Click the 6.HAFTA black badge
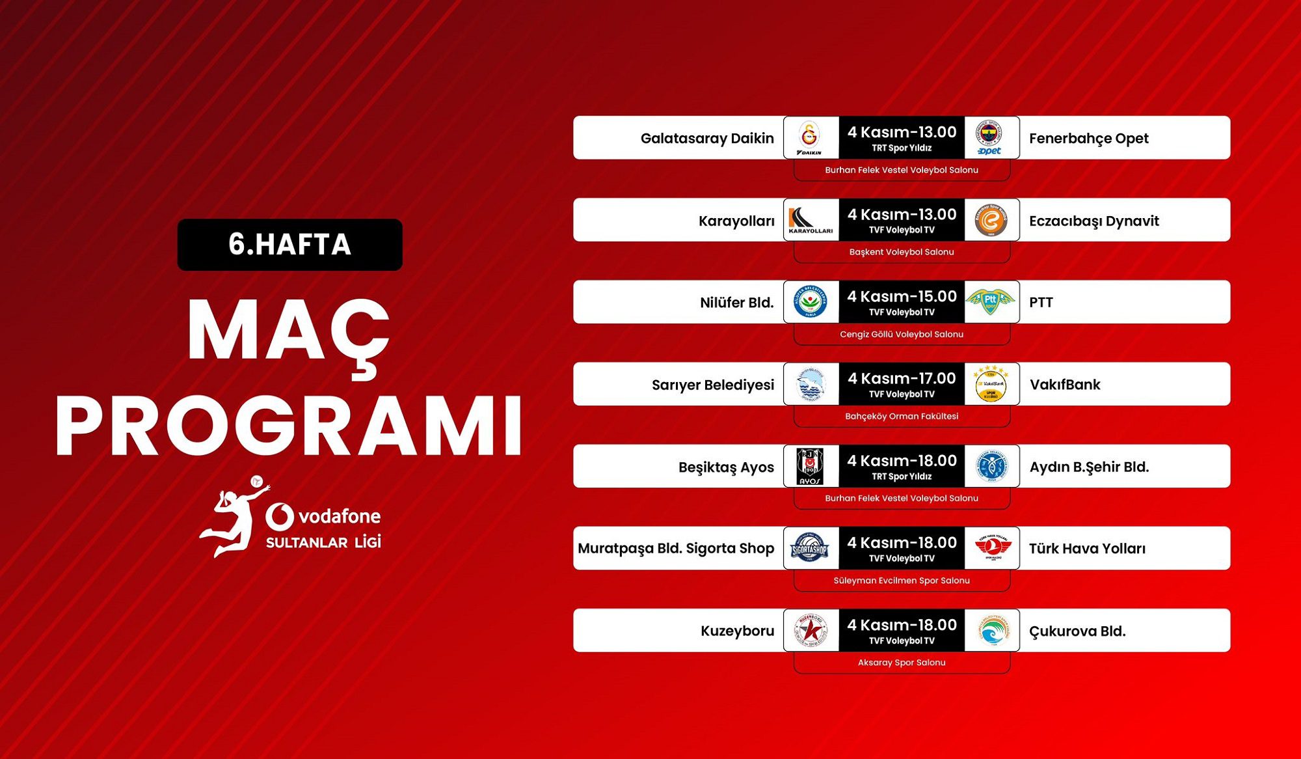click(289, 245)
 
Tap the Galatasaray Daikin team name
click(707, 138)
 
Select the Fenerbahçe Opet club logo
click(989, 137)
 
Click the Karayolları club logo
click(811, 220)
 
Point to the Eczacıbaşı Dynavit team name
click(1094, 221)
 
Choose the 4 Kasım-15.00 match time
click(902, 296)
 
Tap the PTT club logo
click(990, 301)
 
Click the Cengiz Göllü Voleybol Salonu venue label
click(902, 334)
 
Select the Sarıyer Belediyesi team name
click(713, 385)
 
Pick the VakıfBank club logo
click(990, 384)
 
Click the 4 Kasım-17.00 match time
click(902, 378)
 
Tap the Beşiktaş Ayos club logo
click(810, 466)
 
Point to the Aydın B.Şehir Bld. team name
click(1090, 467)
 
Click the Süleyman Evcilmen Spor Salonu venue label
click(902, 580)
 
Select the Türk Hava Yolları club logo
click(993, 548)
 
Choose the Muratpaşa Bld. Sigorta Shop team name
click(676, 549)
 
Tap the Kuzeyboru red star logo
click(811, 630)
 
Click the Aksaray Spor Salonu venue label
click(902, 662)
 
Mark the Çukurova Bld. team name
click(1077, 631)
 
